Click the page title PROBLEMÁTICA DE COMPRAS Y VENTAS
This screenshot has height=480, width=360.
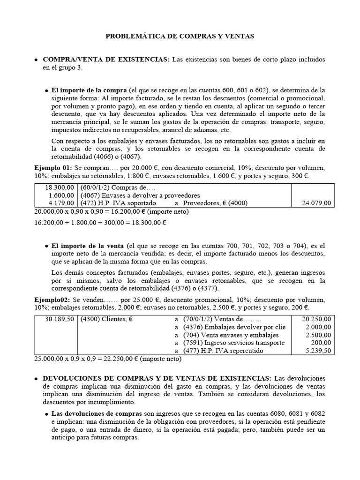(x=180, y=36)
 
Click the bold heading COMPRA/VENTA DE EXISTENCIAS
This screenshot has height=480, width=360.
(x=106, y=60)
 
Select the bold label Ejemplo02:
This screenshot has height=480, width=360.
(x=52, y=299)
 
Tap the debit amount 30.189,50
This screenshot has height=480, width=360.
(x=60, y=319)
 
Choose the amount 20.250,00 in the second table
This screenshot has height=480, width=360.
(x=315, y=319)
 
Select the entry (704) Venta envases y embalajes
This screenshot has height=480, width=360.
(x=231, y=335)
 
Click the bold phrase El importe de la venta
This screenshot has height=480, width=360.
(x=88, y=246)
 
